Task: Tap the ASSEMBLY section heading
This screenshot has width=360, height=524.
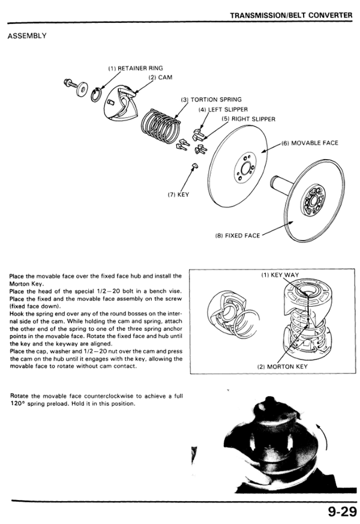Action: pyautogui.click(x=27, y=36)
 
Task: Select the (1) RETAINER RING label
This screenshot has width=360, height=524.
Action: pyautogui.click(x=135, y=68)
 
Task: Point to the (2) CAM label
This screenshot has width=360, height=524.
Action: pyautogui.click(x=157, y=77)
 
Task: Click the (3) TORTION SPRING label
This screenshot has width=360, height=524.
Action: pyautogui.click(x=211, y=100)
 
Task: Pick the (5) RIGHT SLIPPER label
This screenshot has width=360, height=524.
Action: pyautogui.click(x=248, y=119)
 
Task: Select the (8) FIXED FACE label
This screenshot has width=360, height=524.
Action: pyautogui.click(x=237, y=235)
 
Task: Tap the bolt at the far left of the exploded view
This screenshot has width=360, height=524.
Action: pyautogui.click(x=69, y=82)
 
